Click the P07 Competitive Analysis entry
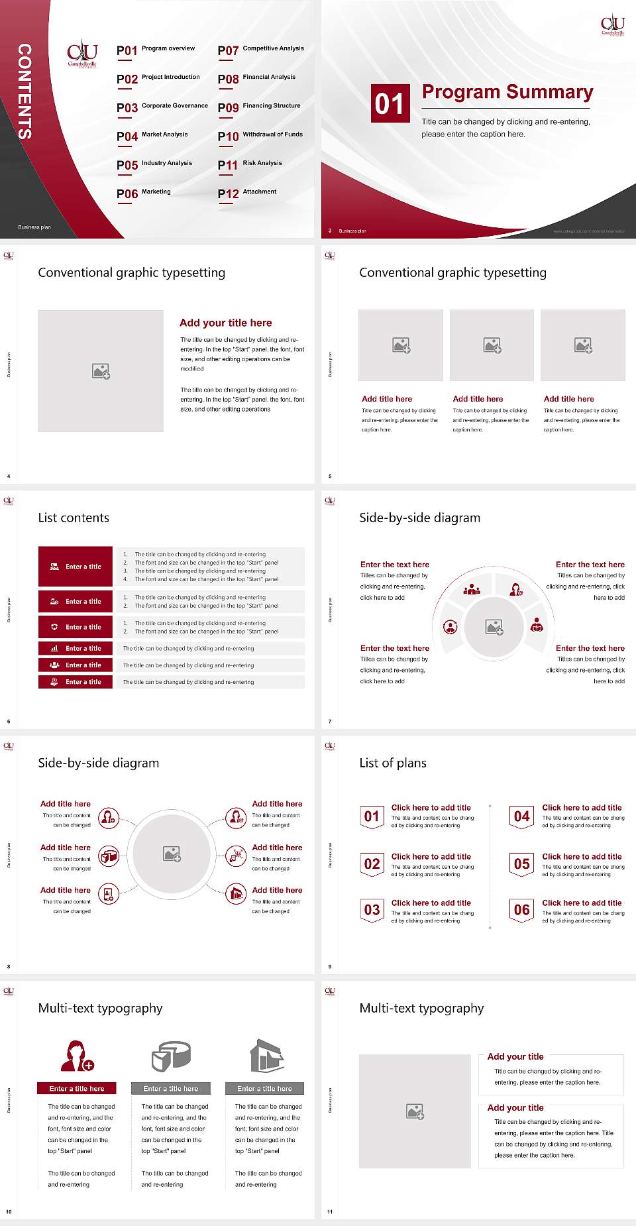(x=260, y=50)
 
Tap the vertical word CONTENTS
(x=25, y=91)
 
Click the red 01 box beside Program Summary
(x=389, y=103)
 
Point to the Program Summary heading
(x=507, y=92)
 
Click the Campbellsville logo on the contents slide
(x=82, y=54)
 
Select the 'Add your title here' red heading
(x=225, y=323)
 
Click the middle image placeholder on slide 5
(x=492, y=345)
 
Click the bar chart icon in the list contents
(x=54, y=648)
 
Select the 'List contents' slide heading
(x=74, y=518)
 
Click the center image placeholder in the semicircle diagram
(x=494, y=627)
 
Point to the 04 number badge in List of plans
(x=521, y=816)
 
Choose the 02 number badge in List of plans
(x=372, y=864)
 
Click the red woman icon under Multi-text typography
(x=77, y=1056)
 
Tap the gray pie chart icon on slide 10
(x=171, y=1056)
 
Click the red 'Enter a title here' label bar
(x=77, y=1088)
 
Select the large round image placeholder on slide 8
(x=172, y=854)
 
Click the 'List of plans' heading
(x=393, y=763)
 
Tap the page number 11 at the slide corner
(x=330, y=1212)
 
